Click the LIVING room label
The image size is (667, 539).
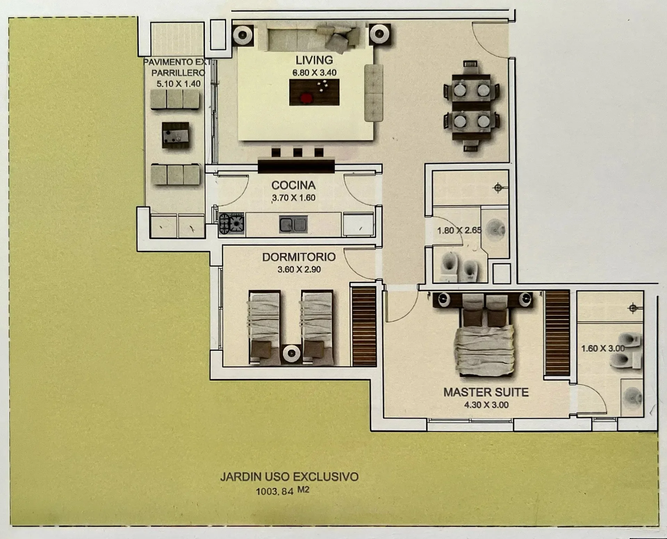click(x=314, y=60)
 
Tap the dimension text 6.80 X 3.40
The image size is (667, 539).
click(x=314, y=73)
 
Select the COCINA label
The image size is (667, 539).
click(x=294, y=185)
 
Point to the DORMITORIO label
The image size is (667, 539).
click(x=299, y=257)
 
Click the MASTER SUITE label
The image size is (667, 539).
click(x=486, y=392)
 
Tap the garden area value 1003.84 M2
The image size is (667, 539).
click(x=282, y=491)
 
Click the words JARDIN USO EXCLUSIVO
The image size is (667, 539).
click(x=289, y=476)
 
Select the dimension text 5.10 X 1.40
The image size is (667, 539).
click(x=179, y=84)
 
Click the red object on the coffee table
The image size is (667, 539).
click(x=306, y=98)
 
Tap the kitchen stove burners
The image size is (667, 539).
click(x=232, y=223)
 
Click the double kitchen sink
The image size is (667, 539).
click(x=293, y=224)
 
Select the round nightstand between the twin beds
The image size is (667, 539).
click(x=291, y=353)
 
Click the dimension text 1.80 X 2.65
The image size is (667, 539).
click(x=459, y=230)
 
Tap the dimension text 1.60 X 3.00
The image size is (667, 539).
click(x=603, y=348)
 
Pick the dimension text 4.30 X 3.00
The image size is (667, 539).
click(x=486, y=405)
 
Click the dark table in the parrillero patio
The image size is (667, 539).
click(x=175, y=135)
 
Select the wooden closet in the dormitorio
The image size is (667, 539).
click(x=364, y=326)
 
